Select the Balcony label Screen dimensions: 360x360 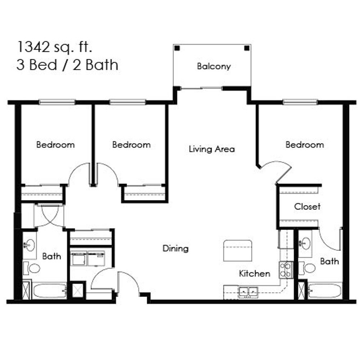coord(214,66)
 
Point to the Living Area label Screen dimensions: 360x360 coord(212,149)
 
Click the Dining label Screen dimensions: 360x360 coord(175,248)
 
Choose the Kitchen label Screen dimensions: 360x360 coord(254,273)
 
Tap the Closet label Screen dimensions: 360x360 coord(307,206)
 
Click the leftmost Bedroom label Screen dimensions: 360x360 coord(55,145)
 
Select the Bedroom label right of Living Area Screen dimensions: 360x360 coord(305,145)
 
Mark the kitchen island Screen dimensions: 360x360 coord(238,250)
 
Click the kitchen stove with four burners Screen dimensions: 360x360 coord(286,270)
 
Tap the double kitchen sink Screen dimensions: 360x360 coord(248,291)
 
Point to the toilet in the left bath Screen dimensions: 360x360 coord(32,268)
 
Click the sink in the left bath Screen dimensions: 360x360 coord(29,245)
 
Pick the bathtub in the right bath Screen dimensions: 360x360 coord(325,291)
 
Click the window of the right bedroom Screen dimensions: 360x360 coord(300,102)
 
